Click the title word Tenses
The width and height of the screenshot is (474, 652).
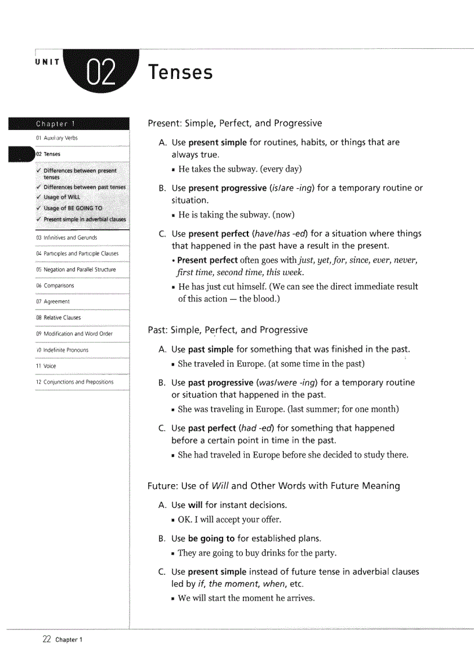click(180, 73)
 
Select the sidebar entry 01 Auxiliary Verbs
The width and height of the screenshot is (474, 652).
click(56, 138)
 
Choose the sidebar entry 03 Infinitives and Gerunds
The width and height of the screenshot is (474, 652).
click(66, 237)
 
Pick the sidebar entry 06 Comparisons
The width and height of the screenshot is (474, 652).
click(55, 286)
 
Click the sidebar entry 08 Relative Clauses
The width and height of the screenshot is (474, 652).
click(58, 318)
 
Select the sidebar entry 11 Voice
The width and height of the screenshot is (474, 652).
click(46, 366)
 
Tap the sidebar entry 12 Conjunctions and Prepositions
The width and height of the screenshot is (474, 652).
click(74, 382)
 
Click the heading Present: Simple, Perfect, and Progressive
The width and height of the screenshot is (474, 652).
click(235, 123)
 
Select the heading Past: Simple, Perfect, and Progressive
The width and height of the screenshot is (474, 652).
click(228, 330)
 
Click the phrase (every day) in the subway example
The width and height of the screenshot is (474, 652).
click(281, 169)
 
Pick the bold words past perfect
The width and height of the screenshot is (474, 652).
click(212, 428)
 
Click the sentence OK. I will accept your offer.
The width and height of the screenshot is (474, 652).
click(229, 520)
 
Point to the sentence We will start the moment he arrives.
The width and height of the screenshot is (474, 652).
click(246, 598)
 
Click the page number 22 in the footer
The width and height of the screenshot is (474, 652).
click(47, 639)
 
